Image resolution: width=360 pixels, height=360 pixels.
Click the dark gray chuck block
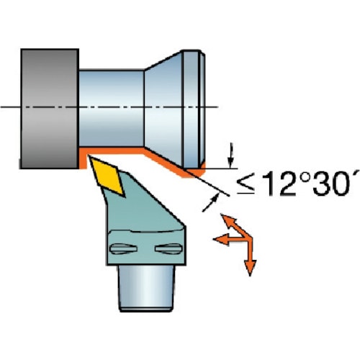pos(50,109)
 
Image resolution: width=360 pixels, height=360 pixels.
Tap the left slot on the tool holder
pos(123,248)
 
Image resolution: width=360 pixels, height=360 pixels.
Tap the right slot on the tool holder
pos(168,248)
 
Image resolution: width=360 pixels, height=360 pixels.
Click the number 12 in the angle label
pos(279,183)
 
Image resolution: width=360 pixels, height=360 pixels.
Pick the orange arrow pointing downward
pos(251,257)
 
